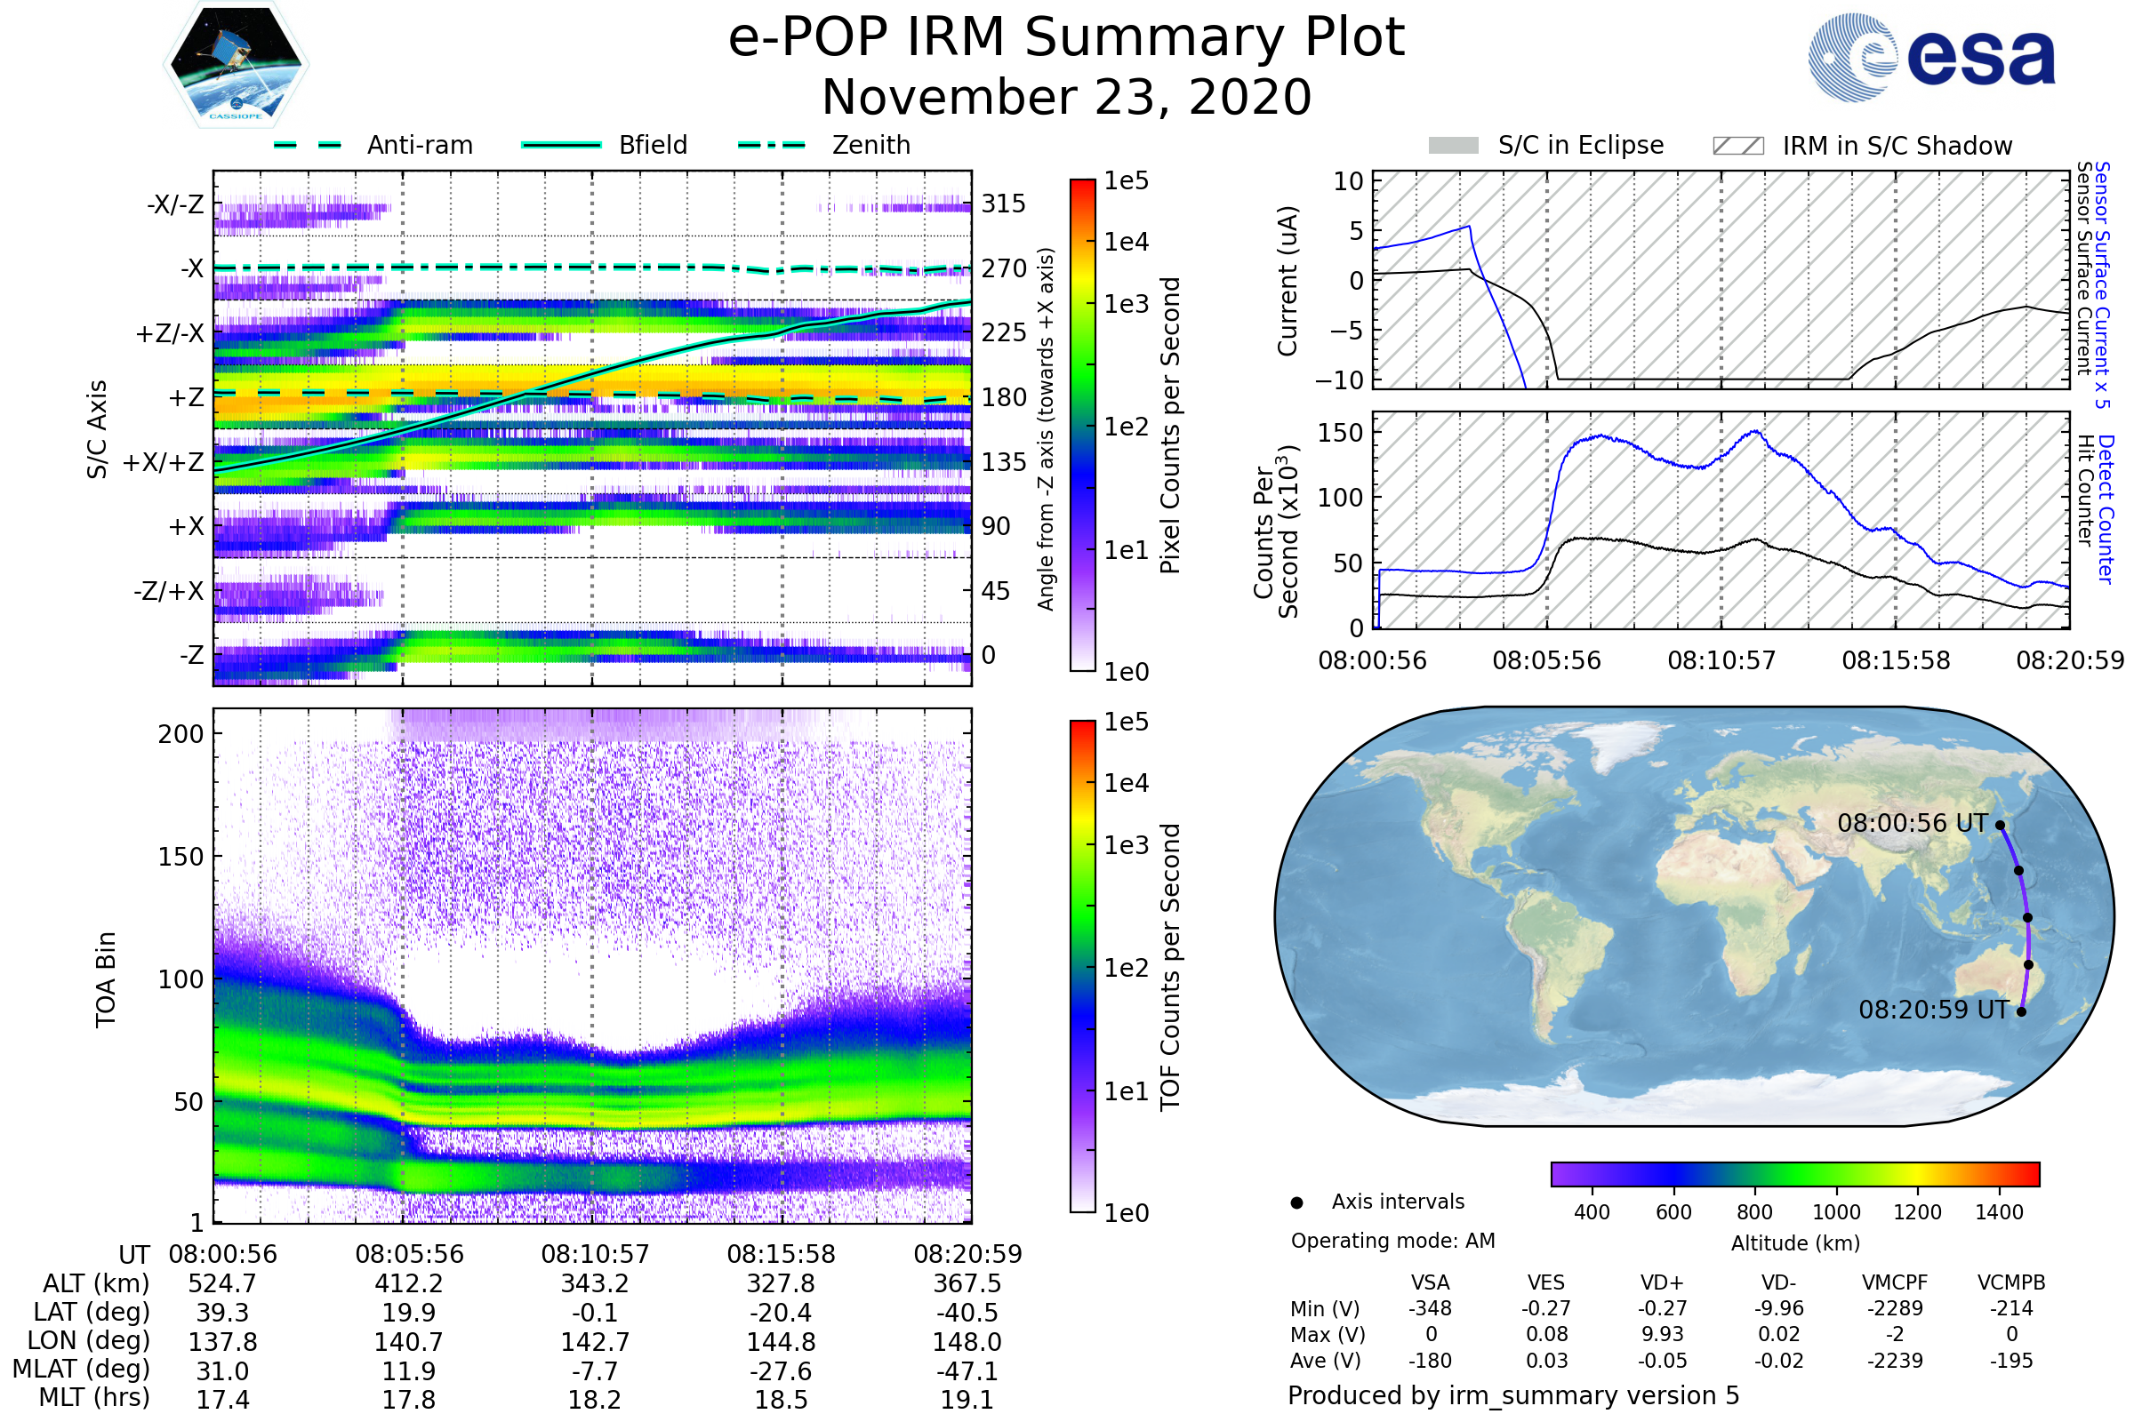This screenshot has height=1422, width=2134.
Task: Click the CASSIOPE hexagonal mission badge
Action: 236,64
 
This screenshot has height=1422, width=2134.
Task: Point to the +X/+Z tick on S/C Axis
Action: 164,462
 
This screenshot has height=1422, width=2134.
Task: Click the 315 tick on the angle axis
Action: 1003,204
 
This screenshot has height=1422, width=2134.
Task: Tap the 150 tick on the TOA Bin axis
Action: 181,857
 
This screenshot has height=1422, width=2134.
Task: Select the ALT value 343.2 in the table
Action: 594,1284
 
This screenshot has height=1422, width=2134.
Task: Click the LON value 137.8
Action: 222,1342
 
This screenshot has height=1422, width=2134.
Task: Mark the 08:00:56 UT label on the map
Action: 1912,824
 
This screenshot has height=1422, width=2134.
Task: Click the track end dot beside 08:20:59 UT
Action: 2021,1011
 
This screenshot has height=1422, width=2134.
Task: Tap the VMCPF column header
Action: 1895,1283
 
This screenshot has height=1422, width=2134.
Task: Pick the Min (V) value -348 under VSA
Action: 1430,1308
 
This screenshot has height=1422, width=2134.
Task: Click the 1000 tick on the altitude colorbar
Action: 1836,1212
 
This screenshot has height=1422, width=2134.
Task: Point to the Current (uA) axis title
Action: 1288,280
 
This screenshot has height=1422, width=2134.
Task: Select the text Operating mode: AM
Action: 1392,1241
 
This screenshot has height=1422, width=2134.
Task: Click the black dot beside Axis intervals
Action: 1296,1202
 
